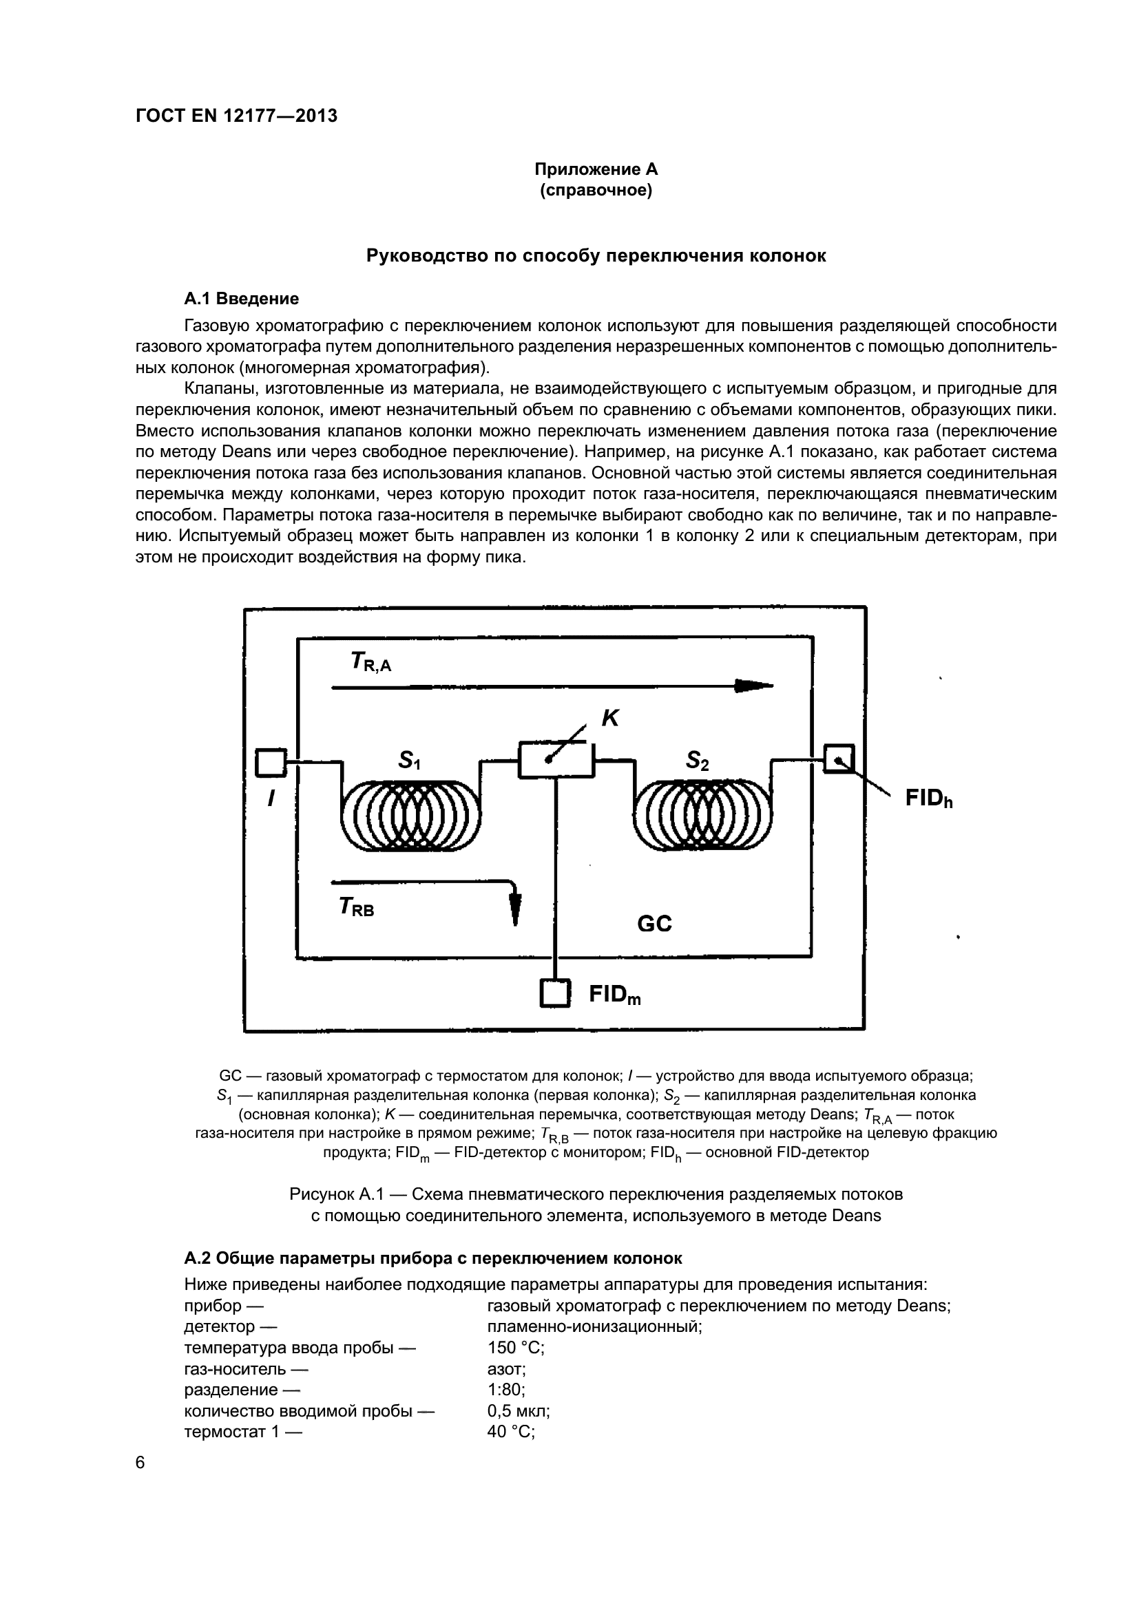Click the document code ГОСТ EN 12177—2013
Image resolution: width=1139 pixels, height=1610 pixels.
[x=236, y=116]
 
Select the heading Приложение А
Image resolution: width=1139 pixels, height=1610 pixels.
[x=596, y=169]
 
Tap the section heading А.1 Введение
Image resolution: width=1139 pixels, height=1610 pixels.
[x=241, y=299]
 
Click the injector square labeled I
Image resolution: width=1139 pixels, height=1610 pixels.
[x=270, y=762]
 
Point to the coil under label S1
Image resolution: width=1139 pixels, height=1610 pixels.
[x=411, y=815]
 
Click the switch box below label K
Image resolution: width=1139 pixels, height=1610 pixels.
[x=556, y=759]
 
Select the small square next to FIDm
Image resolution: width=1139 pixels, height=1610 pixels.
[x=555, y=993]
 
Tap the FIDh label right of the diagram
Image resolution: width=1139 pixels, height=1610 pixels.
[x=928, y=798]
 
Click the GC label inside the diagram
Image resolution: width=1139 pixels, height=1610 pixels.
[x=654, y=924]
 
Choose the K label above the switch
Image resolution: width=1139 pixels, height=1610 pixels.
[x=610, y=718]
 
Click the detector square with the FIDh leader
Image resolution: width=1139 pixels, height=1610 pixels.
[x=839, y=758]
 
